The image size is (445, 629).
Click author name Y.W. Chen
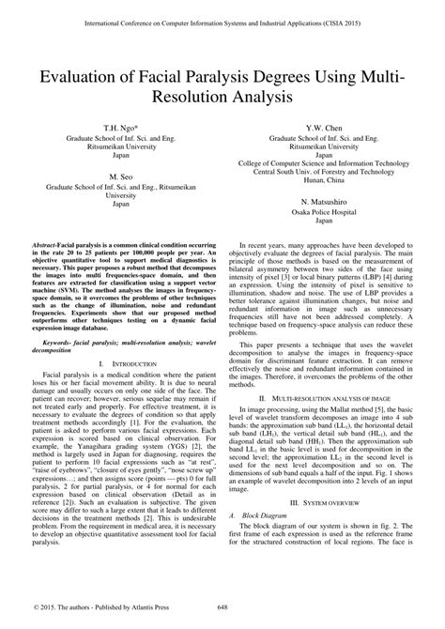323,125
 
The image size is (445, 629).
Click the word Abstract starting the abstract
58,243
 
